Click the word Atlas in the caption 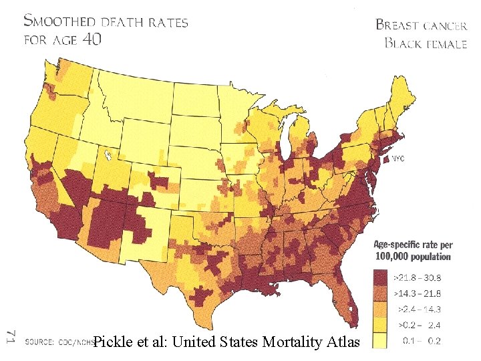[341, 343]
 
